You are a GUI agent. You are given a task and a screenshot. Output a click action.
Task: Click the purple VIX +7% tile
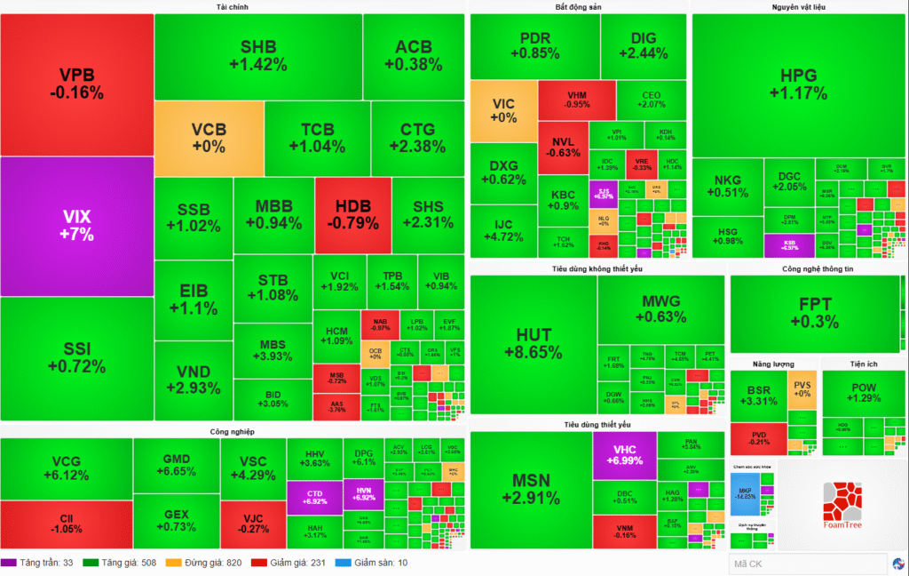coord(77,226)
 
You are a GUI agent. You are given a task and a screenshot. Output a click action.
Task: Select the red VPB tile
coord(76,84)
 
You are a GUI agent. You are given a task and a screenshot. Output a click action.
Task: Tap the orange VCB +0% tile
coord(209,138)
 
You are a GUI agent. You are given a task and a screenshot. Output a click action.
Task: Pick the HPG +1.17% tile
coord(797,84)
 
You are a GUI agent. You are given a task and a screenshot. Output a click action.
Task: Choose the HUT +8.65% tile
coord(533,343)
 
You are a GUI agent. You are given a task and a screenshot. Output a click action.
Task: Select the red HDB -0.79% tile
coord(352,214)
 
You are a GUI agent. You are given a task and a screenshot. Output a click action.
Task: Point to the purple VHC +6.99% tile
coord(624,455)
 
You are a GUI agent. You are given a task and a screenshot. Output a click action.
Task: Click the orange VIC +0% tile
coord(502,110)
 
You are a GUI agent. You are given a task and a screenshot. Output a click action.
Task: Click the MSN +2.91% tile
coord(531,490)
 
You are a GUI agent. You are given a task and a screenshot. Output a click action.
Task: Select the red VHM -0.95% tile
coord(576,99)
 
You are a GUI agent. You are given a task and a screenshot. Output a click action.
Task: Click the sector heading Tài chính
coord(232,7)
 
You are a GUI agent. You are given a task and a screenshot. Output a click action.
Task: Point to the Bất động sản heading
coord(578,7)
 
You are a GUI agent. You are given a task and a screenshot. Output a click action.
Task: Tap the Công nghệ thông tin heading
coord(816,268)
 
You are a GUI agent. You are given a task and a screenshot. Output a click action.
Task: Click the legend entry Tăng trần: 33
coord(38,563)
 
